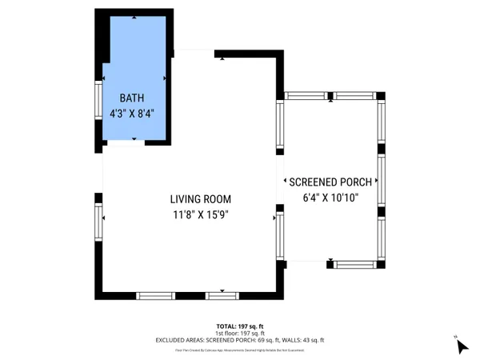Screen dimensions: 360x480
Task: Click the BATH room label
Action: [132, 98]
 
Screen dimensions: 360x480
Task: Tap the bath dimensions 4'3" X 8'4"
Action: [132, 114]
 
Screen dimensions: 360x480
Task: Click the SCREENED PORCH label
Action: [330, 182]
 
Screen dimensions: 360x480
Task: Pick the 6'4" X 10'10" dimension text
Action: [330, 198]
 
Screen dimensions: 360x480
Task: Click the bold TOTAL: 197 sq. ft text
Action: [239, 326]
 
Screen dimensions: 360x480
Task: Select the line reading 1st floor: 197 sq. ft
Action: [239, 334]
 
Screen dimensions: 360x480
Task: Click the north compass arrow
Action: [462, 346]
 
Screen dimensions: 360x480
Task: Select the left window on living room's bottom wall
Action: [156, 295]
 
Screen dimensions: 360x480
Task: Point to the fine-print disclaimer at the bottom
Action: [239, 350]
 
